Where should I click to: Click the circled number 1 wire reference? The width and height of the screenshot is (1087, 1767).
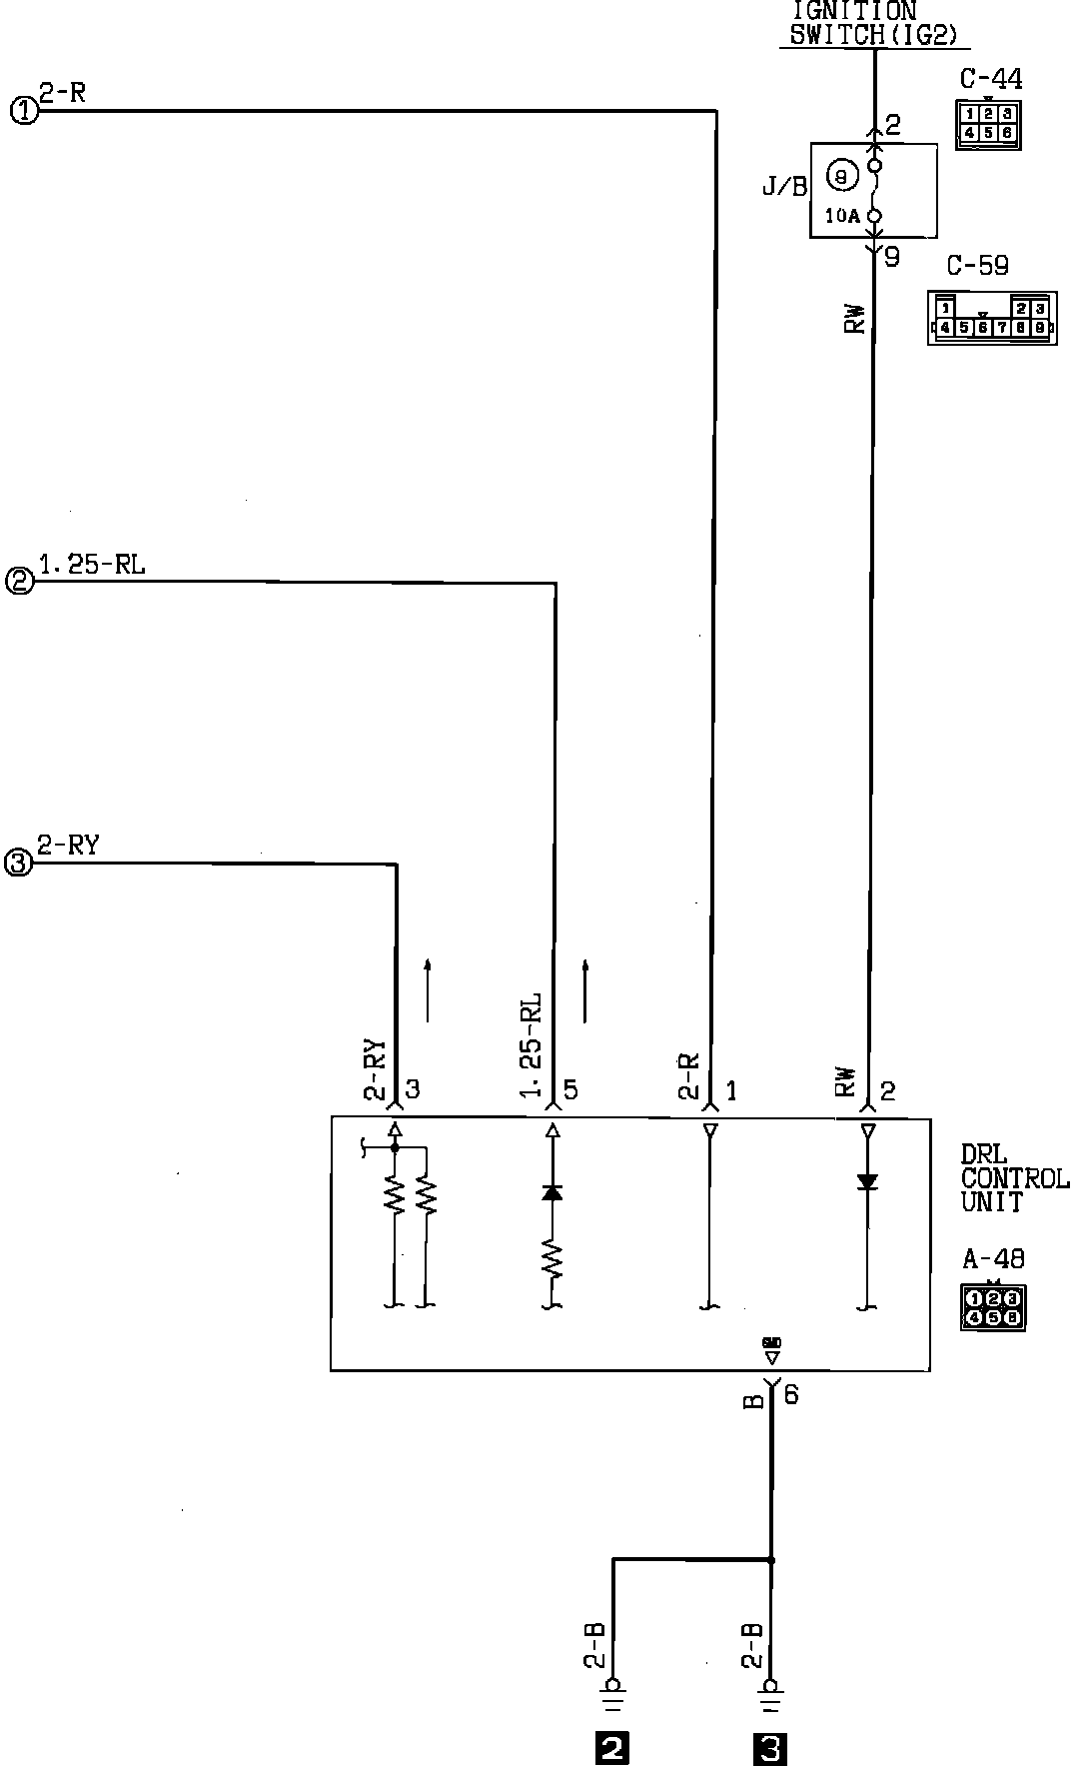23,110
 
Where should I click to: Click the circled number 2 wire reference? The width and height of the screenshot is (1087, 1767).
20,581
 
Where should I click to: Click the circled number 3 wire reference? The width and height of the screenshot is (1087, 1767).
19,863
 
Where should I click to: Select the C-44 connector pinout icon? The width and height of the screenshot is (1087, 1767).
988,124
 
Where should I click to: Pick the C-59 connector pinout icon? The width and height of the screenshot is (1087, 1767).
991,318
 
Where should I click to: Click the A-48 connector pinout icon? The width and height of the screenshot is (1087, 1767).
993,1307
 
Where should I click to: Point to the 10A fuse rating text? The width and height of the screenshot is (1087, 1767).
842,214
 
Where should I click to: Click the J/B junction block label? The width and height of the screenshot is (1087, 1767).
784,186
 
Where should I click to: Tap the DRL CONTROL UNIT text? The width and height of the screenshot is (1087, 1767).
1013,1179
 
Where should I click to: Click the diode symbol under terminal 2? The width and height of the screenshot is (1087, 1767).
867,1182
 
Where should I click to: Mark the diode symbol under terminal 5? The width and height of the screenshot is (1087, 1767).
551,1192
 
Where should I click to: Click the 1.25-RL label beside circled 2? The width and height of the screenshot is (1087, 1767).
92,565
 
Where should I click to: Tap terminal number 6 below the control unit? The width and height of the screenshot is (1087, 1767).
791,1393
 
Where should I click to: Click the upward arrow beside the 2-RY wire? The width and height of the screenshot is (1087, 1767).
427,989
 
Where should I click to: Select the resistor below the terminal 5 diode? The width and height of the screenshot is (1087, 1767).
551,1257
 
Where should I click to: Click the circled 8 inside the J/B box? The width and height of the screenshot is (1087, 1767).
842,177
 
